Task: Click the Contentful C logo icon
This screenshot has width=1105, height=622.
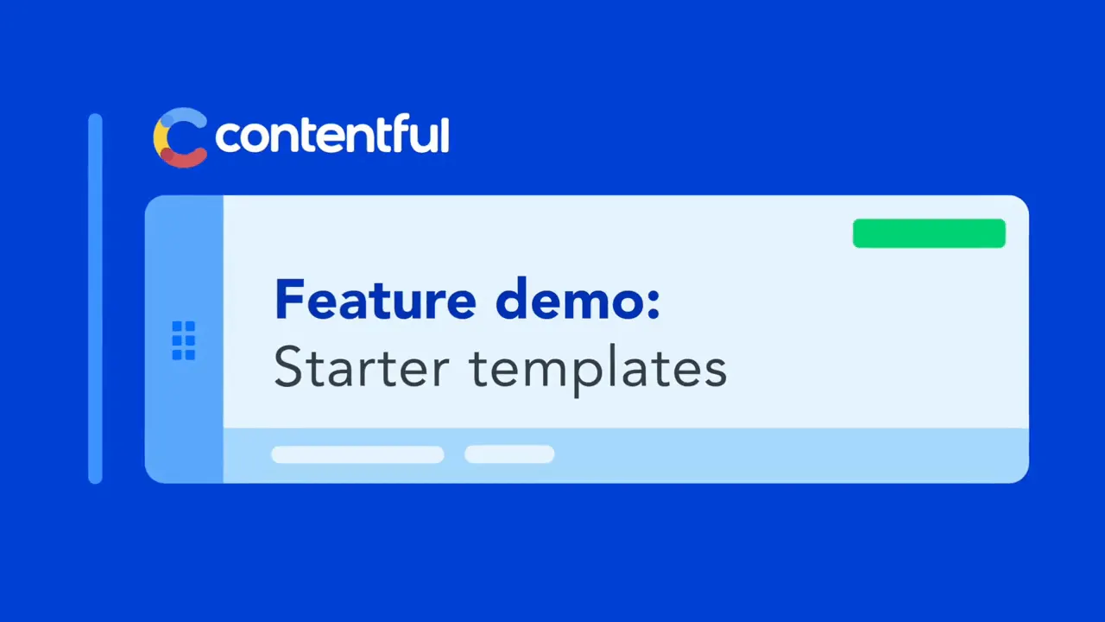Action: click(x=180, y=137)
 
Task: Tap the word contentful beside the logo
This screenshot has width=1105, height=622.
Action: click(x=332, y=134)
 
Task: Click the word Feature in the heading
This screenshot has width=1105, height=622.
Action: click(x=376, y=299)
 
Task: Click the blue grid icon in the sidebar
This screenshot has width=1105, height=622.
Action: click(x=184, y=340)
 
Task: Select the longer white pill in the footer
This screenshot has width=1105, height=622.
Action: click(x=357, y=454)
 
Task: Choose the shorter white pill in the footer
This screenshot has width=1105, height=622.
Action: click(x=509, y=454)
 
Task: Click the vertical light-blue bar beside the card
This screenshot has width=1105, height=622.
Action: click(x=95, y=299)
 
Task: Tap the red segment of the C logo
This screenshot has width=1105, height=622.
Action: click(x=184, y=158)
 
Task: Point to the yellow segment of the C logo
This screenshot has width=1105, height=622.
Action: click(x=159, y=138)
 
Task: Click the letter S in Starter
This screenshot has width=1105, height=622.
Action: click(x=288, y=367)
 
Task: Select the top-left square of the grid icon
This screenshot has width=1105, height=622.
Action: click(x=177, y=327)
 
